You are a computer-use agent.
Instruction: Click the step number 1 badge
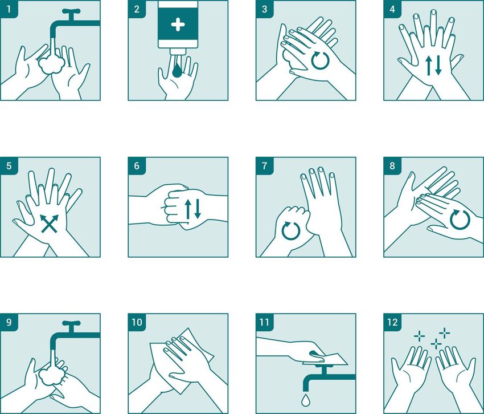9,9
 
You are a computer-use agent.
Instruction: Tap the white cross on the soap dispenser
178,25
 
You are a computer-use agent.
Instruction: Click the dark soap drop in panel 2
177,71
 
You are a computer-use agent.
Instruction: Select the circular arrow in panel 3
320,60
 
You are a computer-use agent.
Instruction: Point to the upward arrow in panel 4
429,66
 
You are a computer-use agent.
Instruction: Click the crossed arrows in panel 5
50,223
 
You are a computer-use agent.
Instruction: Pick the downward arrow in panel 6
198,209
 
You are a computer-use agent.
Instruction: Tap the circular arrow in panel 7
291,230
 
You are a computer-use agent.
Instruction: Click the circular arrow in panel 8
460,220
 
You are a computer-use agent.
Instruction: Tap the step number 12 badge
393,323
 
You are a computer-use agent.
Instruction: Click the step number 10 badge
137,323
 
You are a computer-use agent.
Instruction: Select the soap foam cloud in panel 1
51,64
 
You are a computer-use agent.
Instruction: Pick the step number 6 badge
137,166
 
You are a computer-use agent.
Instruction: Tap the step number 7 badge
265,166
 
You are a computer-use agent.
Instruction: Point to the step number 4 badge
393,9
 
